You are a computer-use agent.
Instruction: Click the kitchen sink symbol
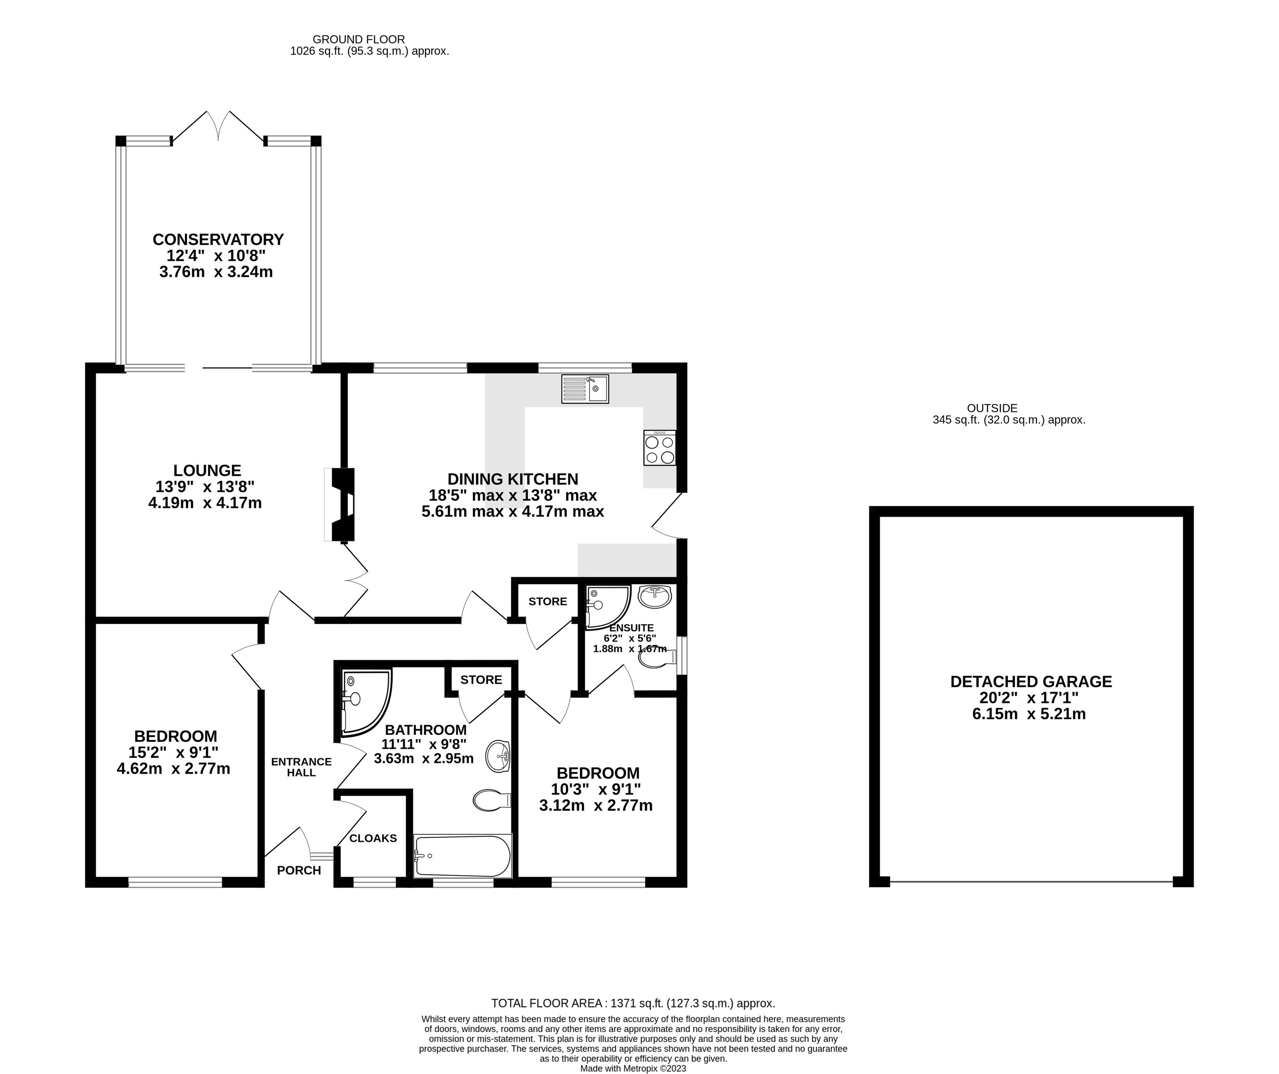(585, 389)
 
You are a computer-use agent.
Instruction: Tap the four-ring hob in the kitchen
(660, 448)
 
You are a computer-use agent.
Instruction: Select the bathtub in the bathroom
(463, 856)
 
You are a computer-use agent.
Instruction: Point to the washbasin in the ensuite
(655, 596)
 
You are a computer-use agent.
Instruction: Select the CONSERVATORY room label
(218, 239)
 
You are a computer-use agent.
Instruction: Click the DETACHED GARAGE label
(1031, 682)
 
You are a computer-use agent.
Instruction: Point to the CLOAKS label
(373, 838)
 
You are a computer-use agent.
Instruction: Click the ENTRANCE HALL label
(302, 767)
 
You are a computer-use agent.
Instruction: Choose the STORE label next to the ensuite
(548, 601)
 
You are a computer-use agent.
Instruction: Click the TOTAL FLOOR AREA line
(633, 1003)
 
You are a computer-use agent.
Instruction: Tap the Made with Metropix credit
(633, 1069)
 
